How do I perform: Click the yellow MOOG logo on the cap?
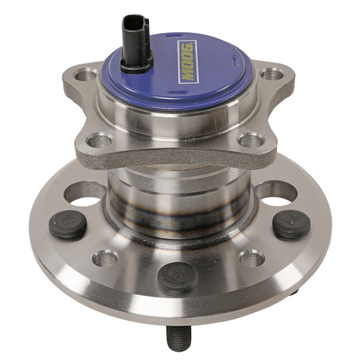pos(186,62)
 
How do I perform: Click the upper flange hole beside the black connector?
pos(87,75)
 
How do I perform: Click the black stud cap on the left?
pos(67,224)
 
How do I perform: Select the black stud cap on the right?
pos(291,223)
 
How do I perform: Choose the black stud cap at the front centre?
pos(178,275)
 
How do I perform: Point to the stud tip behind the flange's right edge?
pos(295,292)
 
